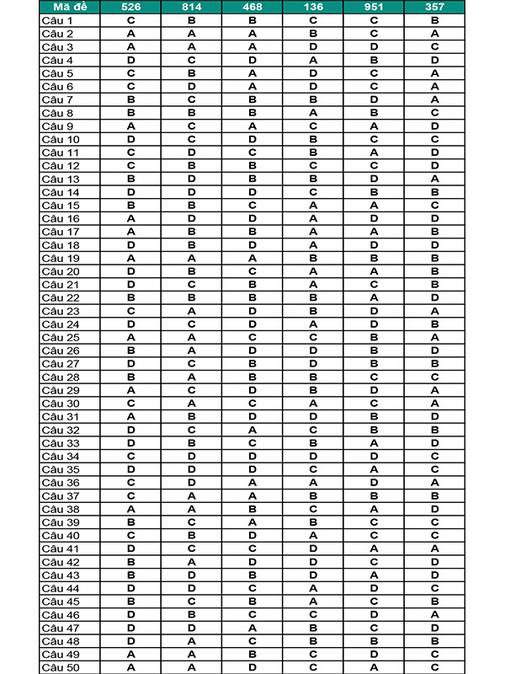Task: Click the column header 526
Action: click(x=131, y=7)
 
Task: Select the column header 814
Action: click(x=192, y=7)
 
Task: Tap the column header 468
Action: click(x=252, y=7)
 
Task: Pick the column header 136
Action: click(x=313, y=7)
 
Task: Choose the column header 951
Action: click(x=374, y=7)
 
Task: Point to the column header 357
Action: click(x=434, y=7)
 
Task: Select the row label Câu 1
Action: click(x=58, y=20)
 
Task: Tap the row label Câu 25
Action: click(x=61, y=337)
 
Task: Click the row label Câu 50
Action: click(x=61, y=667)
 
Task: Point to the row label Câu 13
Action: click(x=61, y=179)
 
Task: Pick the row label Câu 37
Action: click(x=61, y=495)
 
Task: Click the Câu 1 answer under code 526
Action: click(x=131, y=20)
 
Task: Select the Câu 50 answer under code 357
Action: click(x=434, y=667)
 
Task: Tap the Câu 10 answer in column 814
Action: click(x=192, y=139)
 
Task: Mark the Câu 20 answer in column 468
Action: click(x=252, y=271)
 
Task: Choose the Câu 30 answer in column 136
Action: click(x=313, y=403)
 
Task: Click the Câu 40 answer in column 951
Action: click(x=374, y=535)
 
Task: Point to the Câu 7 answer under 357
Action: click(x=434, y=99)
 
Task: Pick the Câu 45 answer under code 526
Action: click(x=131, y=602)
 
